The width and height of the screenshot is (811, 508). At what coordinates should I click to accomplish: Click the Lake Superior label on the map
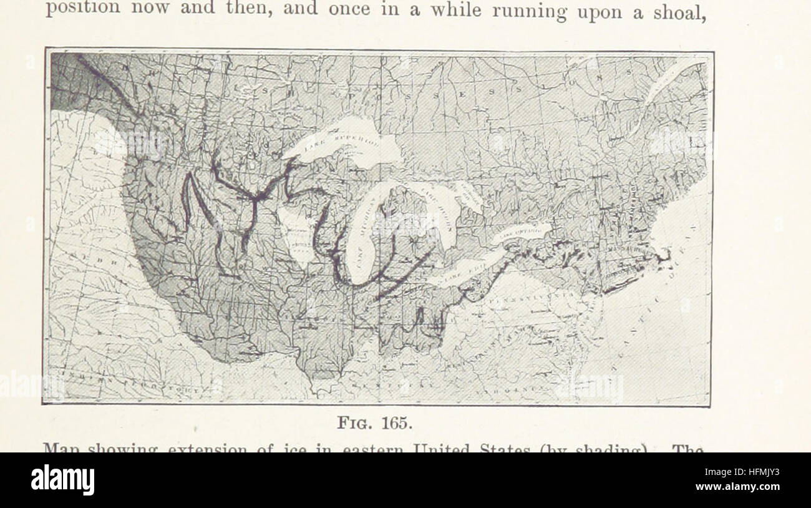pyautogui.click(x=341, y=145)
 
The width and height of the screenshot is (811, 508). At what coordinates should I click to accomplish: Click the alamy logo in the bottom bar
pyautogui.click(x=63, y=480)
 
